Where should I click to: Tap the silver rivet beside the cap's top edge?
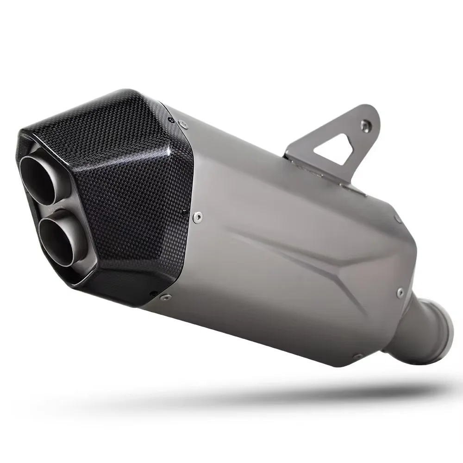coord(184,124)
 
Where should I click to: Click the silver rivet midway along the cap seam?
coord(198,216)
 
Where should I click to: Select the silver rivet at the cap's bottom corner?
coord(163,297)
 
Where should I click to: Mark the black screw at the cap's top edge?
coord(172,120)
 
